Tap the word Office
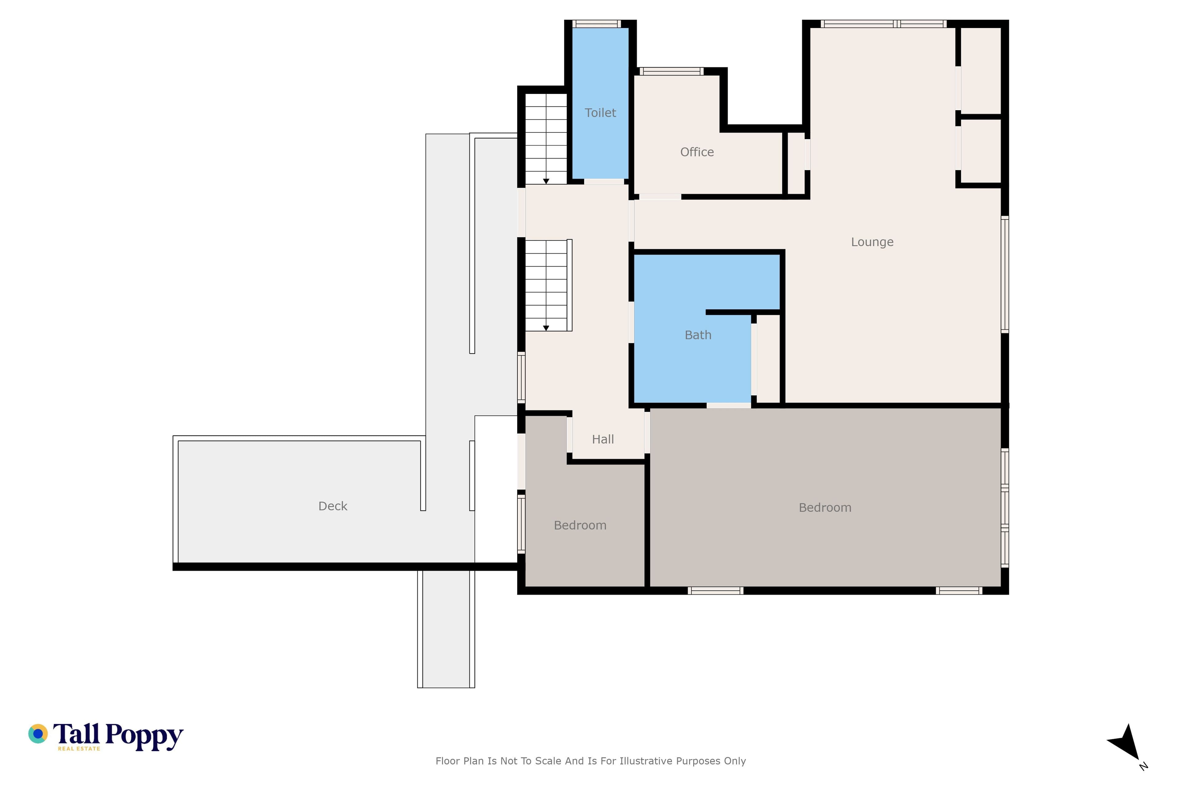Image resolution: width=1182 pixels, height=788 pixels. coord(697,152)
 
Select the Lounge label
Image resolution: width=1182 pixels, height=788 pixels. coord(872,242)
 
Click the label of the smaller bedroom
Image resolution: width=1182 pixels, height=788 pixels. coord(580,525)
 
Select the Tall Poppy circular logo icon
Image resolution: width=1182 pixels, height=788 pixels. coord(38,734)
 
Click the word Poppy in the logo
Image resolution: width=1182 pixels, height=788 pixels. coord(144,737)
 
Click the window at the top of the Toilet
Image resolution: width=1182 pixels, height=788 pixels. coord(597,24)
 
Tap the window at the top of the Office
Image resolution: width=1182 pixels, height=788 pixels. coord(671,71)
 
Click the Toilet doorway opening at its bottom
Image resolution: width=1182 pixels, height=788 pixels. coord(604,181)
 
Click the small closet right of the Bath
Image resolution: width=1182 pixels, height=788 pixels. coord(768,359)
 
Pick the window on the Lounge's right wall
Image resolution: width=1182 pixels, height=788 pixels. coord(1005,274)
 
